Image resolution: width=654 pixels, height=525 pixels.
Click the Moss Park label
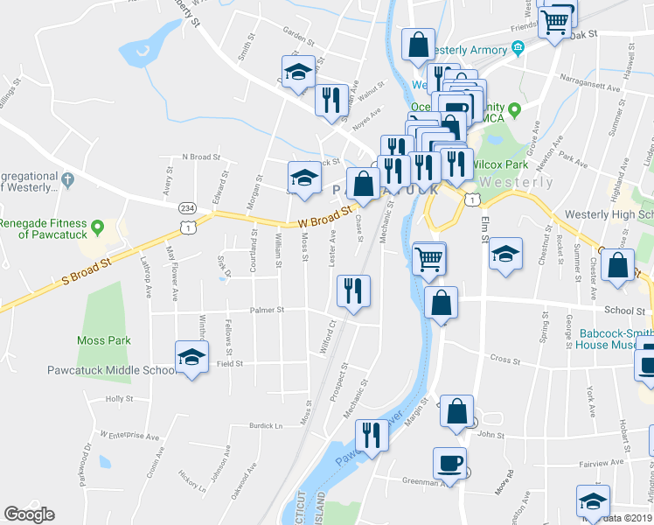[x=102, y=340]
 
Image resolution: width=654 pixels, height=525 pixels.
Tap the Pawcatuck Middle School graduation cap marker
[x=191, y=357]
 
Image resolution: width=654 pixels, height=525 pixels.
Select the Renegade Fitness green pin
[x=98, y=228]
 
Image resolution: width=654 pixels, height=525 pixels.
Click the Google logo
[x=29, y=514]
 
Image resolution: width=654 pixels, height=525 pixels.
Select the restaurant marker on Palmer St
[x=353, y=290]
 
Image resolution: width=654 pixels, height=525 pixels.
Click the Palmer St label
[x=268, y=309]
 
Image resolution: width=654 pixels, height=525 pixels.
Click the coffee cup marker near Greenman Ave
[x=449, y=463]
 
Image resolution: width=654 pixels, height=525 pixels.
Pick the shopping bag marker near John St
[x=456, y=411]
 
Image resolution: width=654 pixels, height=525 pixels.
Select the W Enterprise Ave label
[x=129, y=434]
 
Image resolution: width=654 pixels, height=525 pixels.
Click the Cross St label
[x=504, y=359]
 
